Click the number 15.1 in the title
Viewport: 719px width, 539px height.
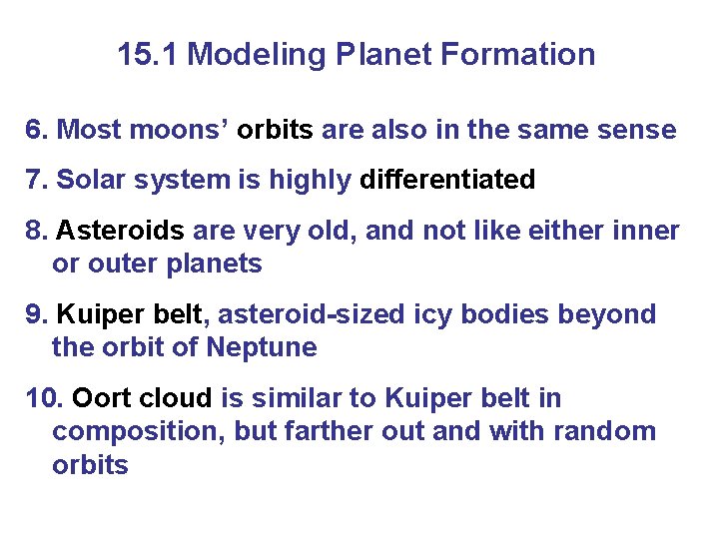[x=149, y=54]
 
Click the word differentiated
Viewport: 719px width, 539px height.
[x=447, y=180]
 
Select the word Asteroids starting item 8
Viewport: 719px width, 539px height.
[x=120, y=232]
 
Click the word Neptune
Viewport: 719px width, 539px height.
[x=262, y=348]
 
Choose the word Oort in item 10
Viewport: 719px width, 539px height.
[x=102, y=398]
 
